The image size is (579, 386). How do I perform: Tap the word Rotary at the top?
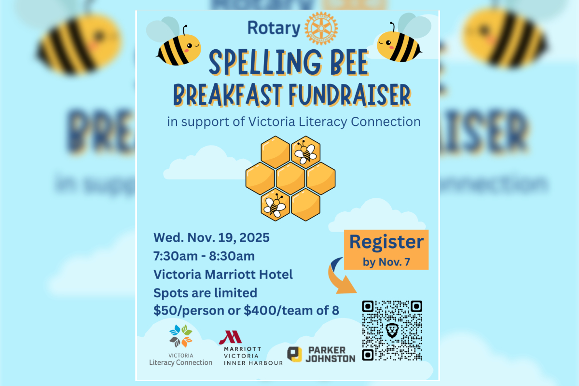274,28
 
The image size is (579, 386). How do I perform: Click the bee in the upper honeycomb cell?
305,152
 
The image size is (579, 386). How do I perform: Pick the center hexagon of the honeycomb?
290,178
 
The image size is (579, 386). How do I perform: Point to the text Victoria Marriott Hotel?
223,274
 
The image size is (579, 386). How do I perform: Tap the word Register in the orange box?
386,242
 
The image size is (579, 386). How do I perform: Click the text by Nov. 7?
386,262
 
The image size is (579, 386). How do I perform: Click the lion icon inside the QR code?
392,331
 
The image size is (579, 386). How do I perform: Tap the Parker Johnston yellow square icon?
294,354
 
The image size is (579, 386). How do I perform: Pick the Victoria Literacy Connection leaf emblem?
180,336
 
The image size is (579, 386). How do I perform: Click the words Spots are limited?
205,292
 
